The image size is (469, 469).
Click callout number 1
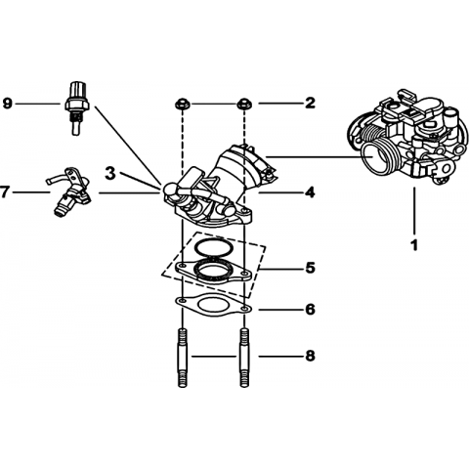click(414, 245)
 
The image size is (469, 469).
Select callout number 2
click(310, 104)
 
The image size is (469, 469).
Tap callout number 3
click(110, 174)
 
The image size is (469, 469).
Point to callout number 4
click(310, 192)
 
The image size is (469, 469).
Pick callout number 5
click(310, 268)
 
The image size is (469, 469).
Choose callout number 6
click(310, 309)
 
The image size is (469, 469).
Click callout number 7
click(4, 192)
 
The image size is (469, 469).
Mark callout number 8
click(310, 356)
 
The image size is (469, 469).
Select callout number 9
click(7, 104)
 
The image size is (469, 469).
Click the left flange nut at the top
click(183, 105)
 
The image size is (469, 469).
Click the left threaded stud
click(183, 358)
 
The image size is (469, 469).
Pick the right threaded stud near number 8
click(244, 358)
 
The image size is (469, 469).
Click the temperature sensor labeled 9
click(76, 107)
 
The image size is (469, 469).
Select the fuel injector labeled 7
click(70, 192)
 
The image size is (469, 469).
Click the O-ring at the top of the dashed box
click(214, 249)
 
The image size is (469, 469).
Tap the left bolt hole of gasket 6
click(183, 299)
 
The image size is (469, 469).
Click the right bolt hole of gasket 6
click(245, 308)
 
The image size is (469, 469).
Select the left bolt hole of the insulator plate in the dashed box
click(183, 264)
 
